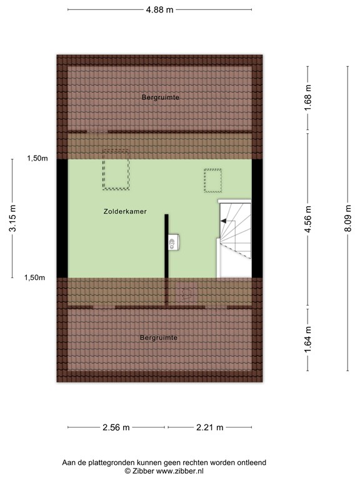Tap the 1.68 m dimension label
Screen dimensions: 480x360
308,97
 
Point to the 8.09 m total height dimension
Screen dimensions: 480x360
348,217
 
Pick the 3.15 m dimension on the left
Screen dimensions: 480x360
12,219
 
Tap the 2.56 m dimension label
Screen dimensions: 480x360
116,428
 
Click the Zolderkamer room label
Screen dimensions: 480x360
125,212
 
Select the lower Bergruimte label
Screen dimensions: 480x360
159,337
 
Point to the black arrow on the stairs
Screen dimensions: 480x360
223,221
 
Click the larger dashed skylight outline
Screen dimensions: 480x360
116,169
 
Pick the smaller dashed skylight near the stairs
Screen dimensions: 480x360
212,181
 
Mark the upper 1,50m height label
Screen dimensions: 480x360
37,159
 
